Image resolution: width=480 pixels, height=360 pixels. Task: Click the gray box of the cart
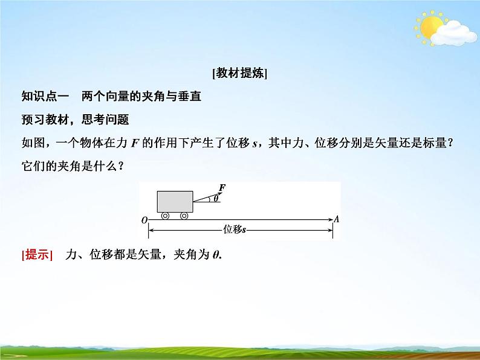pyautogui.click(x=175, y=202)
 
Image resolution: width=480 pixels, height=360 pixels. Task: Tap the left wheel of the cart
pyautogui.click(x=164, y=216)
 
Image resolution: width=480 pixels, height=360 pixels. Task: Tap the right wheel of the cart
pyautogui.click(x=184, y=216)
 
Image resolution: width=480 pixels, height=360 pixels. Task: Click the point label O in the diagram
pyautogui.click(x=144, y=220)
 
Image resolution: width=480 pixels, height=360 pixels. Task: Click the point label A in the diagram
pyautogui.click(x=336, y=220)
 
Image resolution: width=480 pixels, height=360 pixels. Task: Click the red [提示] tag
pyautogui.click(x=37, y=255)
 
